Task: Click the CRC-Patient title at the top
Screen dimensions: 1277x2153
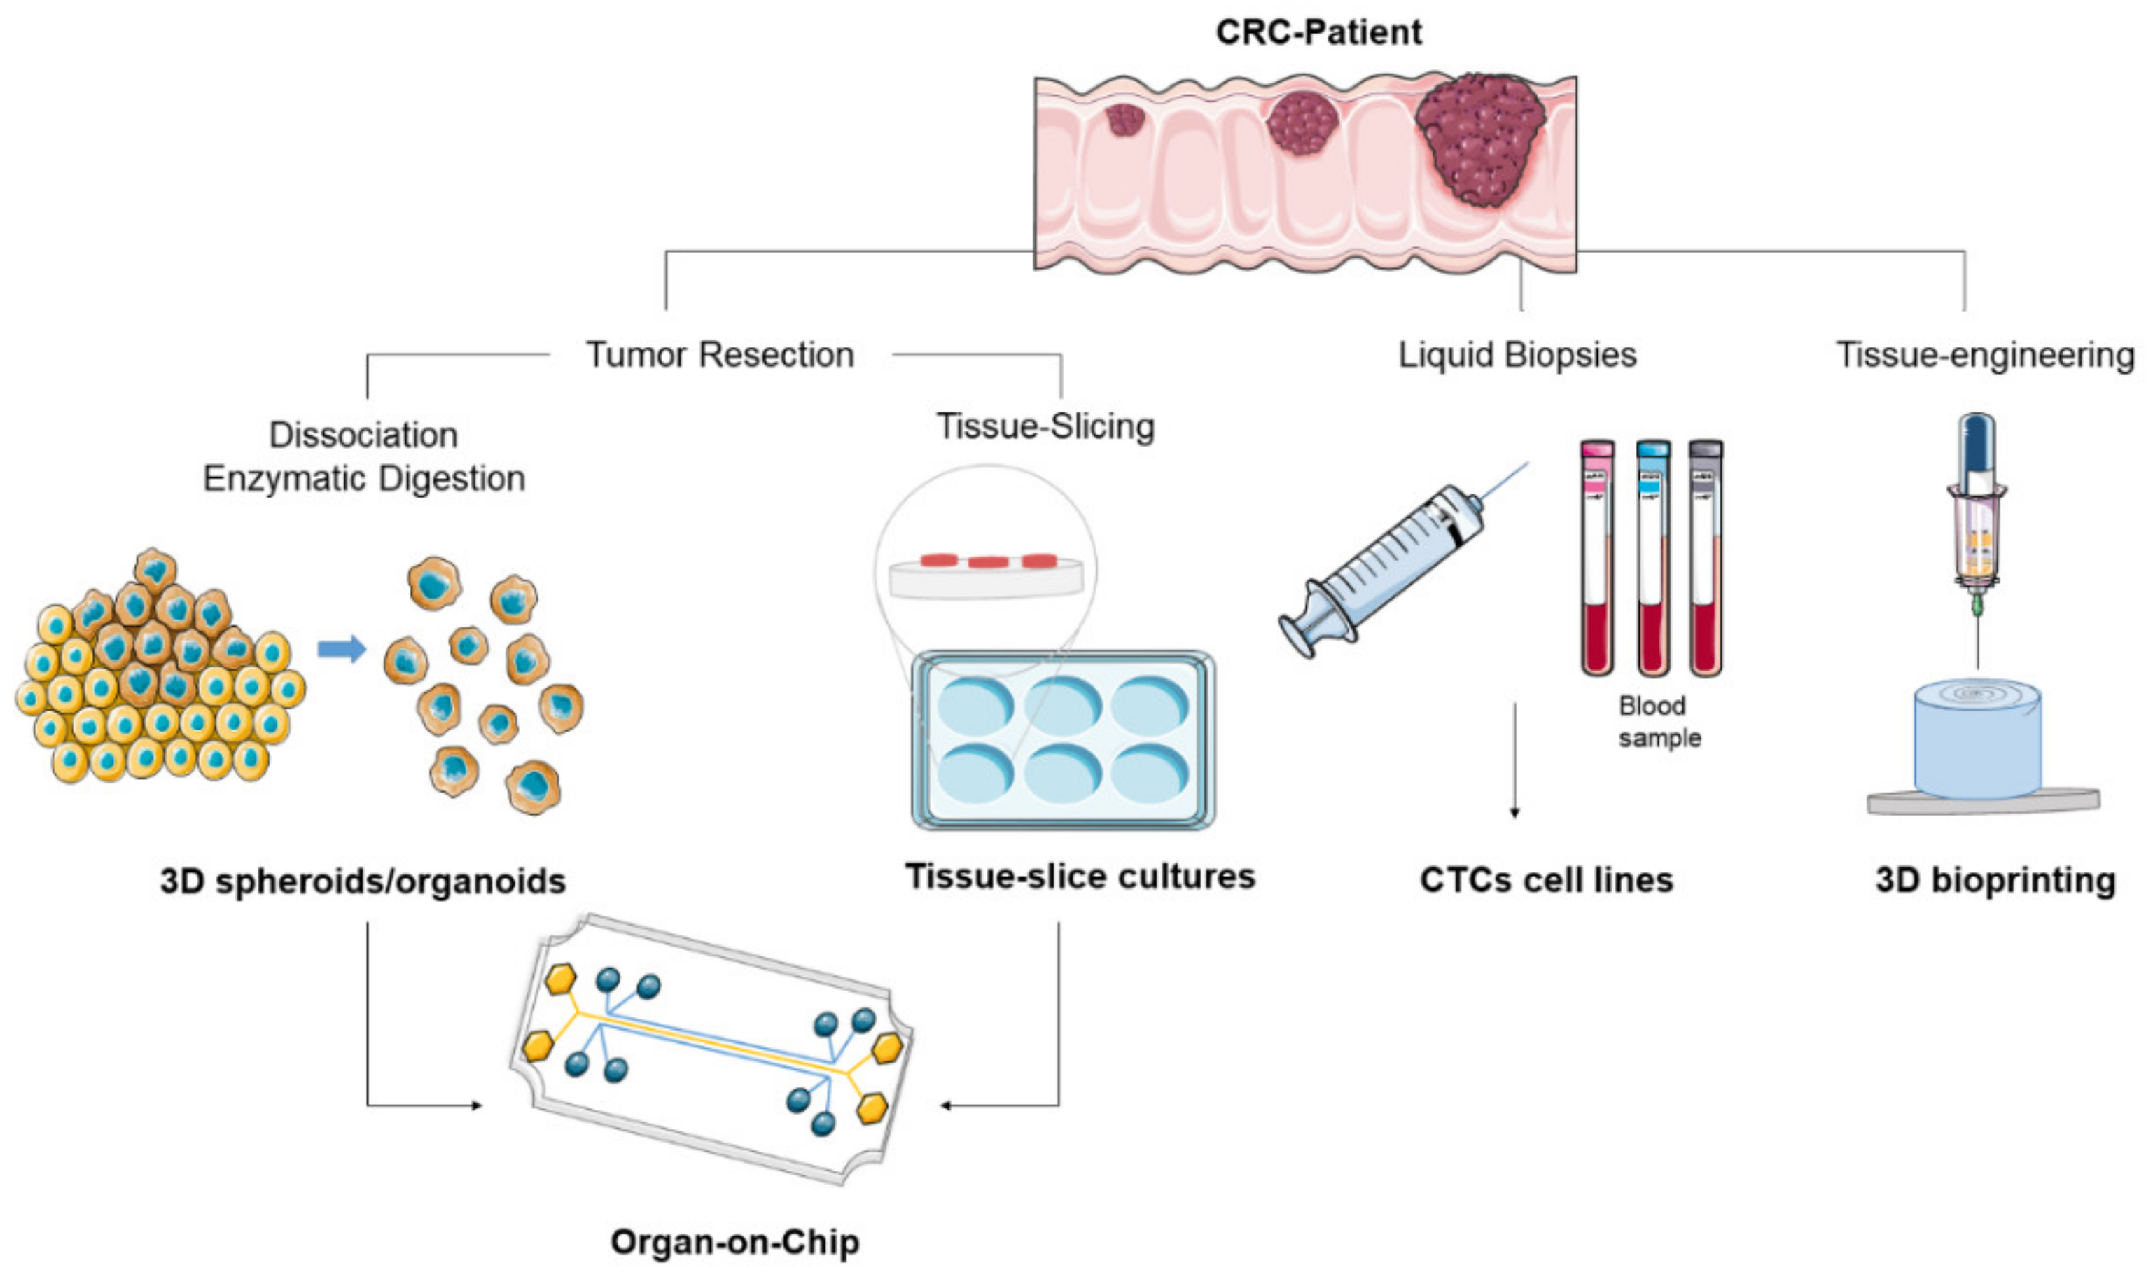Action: (x=1318, y=32)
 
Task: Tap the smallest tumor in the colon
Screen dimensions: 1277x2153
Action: (x=1124, y=120)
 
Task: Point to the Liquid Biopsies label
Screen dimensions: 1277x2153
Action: (x=1517, y=354)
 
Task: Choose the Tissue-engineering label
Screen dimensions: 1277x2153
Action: (x=1984, y=354)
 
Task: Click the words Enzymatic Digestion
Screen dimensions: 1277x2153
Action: (x=363, y=478)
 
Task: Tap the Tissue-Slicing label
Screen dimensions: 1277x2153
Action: (x=1045, y=426)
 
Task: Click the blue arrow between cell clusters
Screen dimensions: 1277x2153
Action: (x=341, y=648)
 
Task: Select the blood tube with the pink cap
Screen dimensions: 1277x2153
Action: (x=1596, y=559)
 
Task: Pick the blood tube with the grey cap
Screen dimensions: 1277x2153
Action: (x=1705, y=559)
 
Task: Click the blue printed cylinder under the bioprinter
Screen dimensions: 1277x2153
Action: (x=1977, y=740)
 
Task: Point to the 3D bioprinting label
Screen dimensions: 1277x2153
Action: (x=1995, y=880)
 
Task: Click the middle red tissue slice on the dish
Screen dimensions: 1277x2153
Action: (x=987, y=562)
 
